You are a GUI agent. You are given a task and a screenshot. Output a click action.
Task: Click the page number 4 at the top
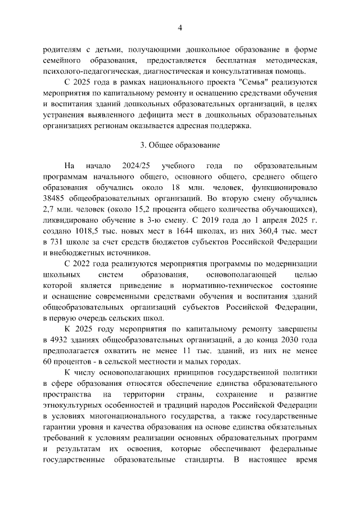point(180,28)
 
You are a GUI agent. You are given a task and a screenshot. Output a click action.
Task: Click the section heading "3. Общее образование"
point(180,145)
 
